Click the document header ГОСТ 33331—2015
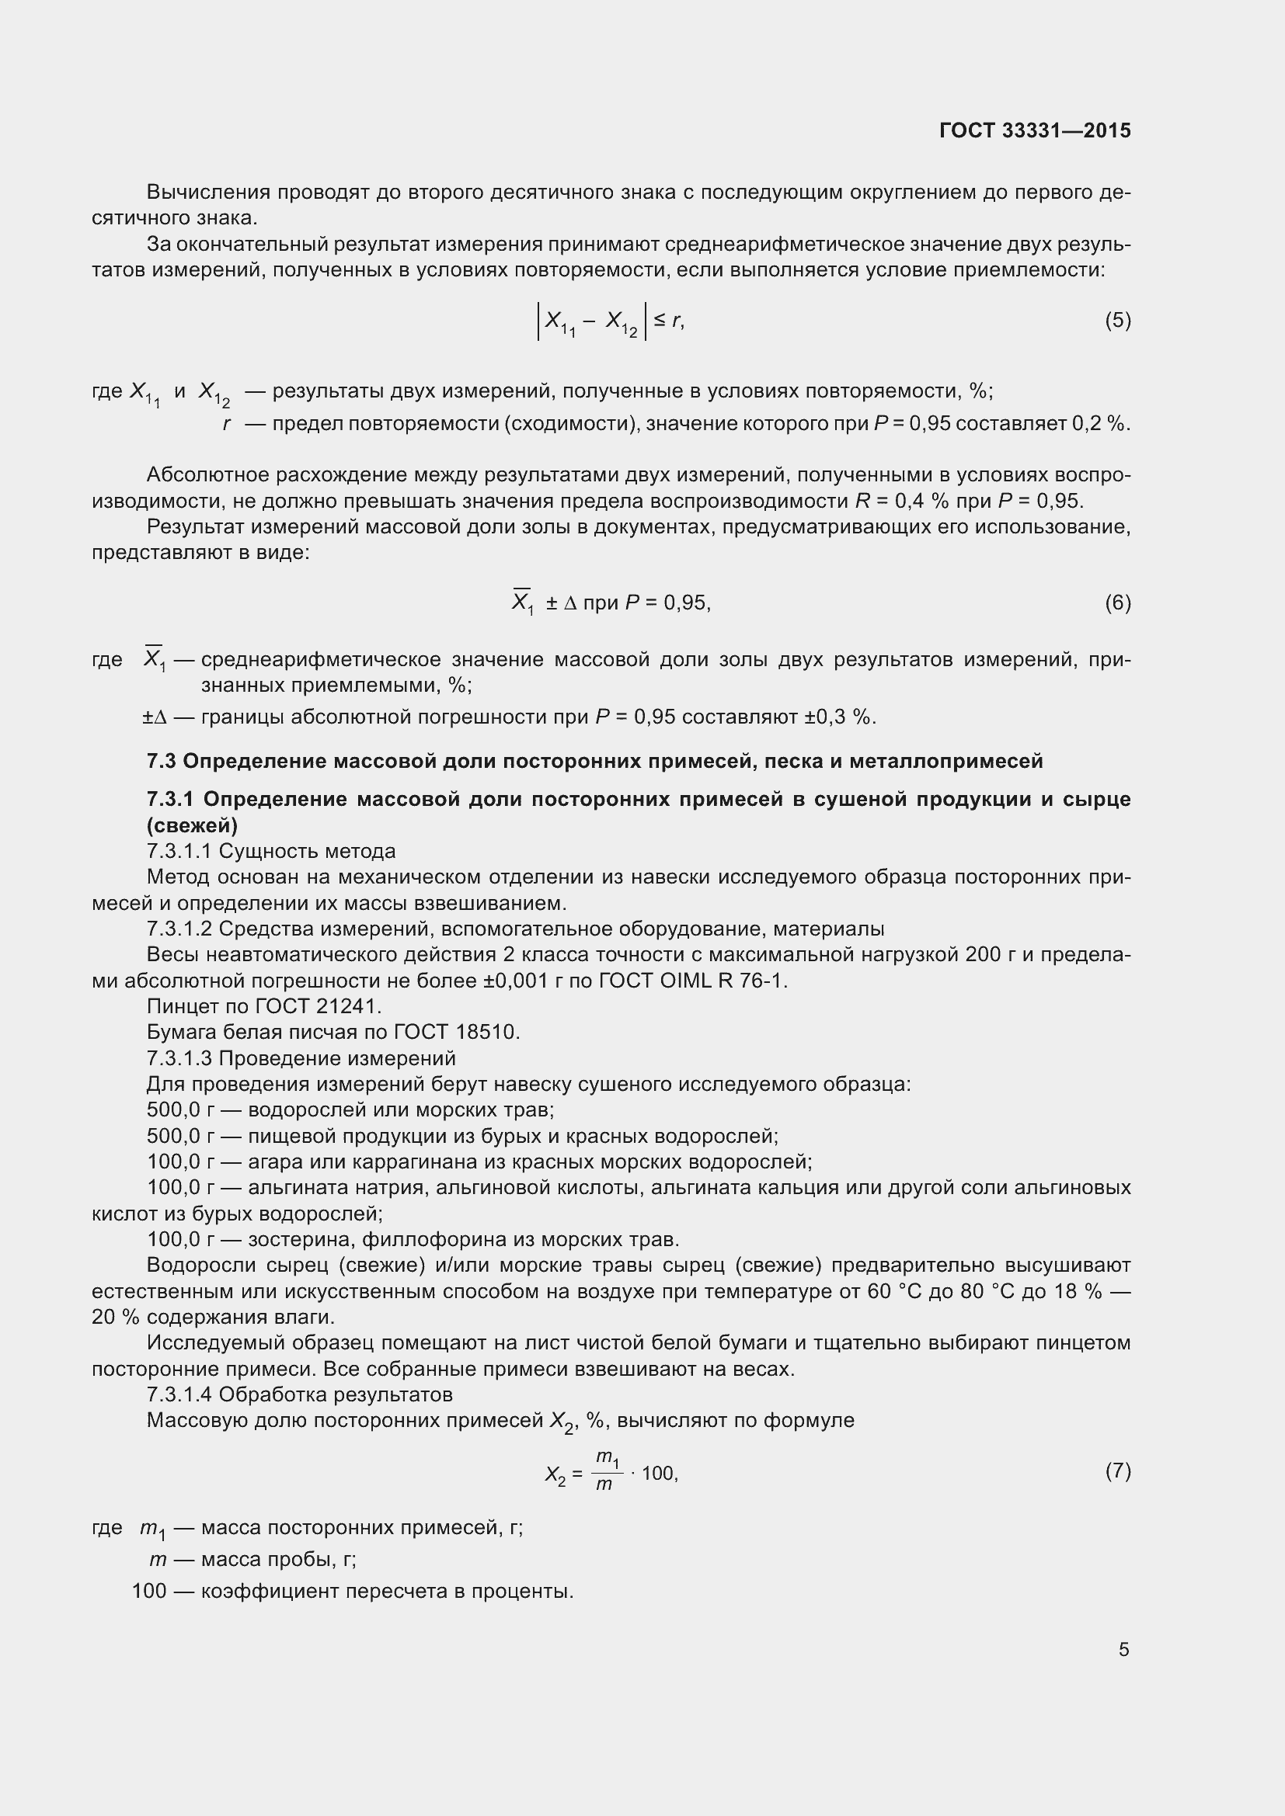click(x=1035, y=130)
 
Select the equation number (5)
click(x=1117, y=321)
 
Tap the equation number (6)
click(x=1117, y=602)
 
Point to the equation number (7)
click(x=1117, y=1471)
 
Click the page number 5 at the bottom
click(x=1123, y=1649)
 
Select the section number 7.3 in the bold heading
click(x=162, y=761)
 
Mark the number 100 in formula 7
click(x=657, y=1474)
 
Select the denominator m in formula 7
click(x=604, y=1484)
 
